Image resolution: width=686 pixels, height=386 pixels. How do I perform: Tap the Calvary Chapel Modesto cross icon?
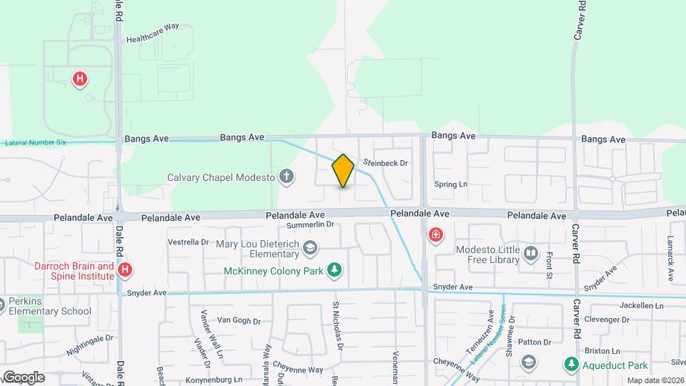pyautogui.click(x=287, y=177)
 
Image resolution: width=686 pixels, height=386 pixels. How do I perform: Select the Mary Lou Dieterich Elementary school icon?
pyautogui.click(x=310, y=248)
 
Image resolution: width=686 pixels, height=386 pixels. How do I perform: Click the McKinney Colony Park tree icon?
pyautogui.click(x=333, y=269)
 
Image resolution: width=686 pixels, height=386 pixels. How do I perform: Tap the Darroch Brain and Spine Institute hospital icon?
pyautogui.click(x=125, y=269)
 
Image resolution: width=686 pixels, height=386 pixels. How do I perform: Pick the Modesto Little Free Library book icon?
pyautogui.click(x=530, y=253)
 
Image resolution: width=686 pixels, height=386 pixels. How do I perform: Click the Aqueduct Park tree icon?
pyautogui.click(x=571, y=365)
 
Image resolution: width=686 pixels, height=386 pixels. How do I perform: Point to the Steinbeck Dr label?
pyautogui.click(x=385, y=163)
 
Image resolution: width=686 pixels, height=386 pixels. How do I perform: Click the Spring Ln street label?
pyautogui.click(x=451, y=184)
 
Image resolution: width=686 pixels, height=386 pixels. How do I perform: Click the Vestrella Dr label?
pyautogui.click(x=188, y=242)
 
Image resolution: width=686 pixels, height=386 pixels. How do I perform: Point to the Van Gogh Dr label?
pyautogui.click(x=236, y=320)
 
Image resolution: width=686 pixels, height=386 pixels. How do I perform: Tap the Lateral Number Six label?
pyautogui.click(x=35, y=143)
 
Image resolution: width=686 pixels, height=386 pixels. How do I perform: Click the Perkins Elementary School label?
pyautogui.click(x=50, y=306)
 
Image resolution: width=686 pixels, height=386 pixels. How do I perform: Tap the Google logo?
pyautogui.click(x=23, y=377)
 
